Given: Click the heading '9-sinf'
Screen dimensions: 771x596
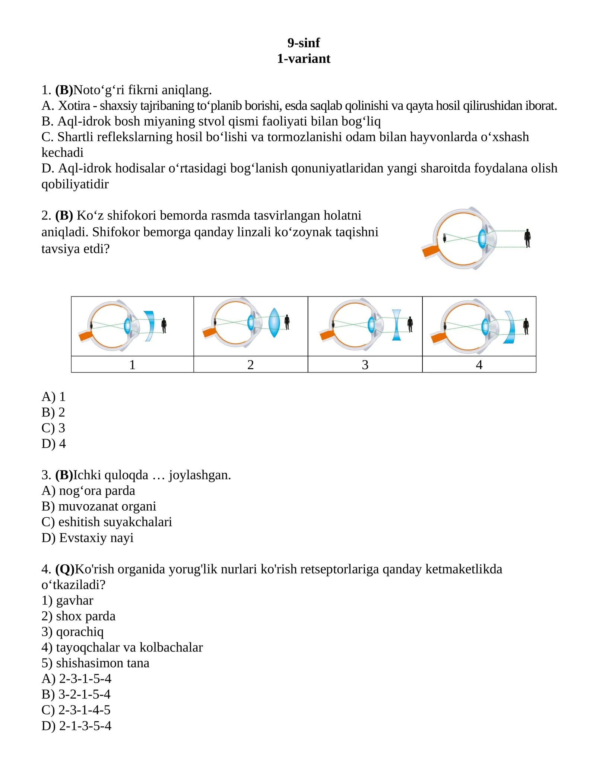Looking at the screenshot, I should click(x=303, y=43).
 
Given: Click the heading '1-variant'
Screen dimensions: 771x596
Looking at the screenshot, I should click(x=303, y=59).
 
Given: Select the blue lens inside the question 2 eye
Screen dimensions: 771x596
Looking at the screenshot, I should click(x=482, y=239).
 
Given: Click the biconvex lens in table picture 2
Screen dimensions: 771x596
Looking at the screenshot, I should click(x=274, y=323).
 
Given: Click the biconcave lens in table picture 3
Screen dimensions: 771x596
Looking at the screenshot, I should click(x=396, y=325).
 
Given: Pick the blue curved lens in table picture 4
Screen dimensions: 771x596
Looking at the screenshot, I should click(x=510, y=327).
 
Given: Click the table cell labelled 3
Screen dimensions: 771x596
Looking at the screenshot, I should click(x=365, y=365).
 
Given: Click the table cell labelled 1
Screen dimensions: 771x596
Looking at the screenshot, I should click(x=132, y=365).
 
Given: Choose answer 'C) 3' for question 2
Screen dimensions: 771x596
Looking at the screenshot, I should click(x=53, y=428).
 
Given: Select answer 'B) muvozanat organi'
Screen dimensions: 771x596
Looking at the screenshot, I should click(x=99, y=507).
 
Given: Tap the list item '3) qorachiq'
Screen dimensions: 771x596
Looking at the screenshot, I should click(x=73, y=632).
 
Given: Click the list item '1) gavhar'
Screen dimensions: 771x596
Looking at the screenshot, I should click(x=67, y=600).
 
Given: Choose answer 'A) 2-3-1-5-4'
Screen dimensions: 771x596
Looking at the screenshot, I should click(x=76, y=679).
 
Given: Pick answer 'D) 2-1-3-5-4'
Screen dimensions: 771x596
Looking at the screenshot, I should click(x=76, y=726).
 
